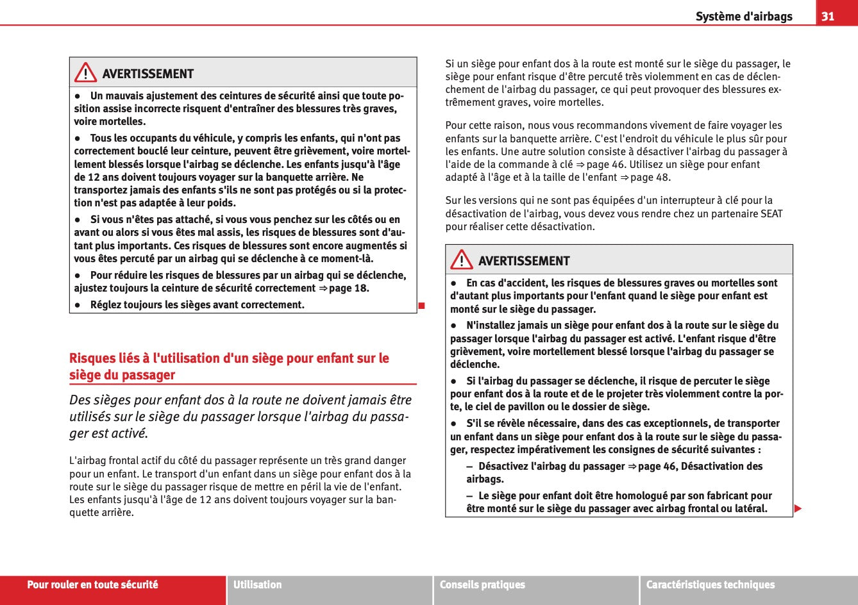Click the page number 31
pyautogui.click(x=828, y=16)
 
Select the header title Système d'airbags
pyautogui.click(x=744, y=17)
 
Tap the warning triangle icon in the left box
pyautogui.click(x=85, y=74)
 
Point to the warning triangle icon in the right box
pyautogui.click(x=461, y=260)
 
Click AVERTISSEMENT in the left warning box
pyautogui.click(x=147, y=74)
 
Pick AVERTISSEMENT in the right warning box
pyautogui.click(x=523, y=261)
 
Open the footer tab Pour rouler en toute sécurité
pyautogui.click(x=92, y=584)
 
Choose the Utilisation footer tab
pyautogui.click(x=257, y=584)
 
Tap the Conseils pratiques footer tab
pyautogui.click(x=482, y=584)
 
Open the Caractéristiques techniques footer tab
pyautogui.click(x=710, y=584)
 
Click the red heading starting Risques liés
pyautogui.click(x=229, y=367)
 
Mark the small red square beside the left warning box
pyautogui.click(x=421, y=304)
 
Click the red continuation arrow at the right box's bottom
pyautogui.click(x=798, y=509)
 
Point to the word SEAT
pyautogui.click(x=771, y=213)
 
